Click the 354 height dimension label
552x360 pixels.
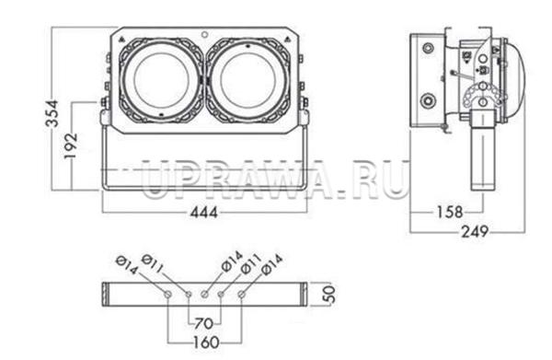53,113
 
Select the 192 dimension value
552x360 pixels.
71,145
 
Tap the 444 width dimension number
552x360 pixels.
204,212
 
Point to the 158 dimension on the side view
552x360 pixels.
450,212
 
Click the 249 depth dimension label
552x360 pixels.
475,232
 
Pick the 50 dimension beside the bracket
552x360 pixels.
329,294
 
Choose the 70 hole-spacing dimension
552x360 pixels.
203,323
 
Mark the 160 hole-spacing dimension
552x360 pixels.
206,342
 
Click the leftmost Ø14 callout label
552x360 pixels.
126,265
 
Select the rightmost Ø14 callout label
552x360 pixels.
272,264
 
